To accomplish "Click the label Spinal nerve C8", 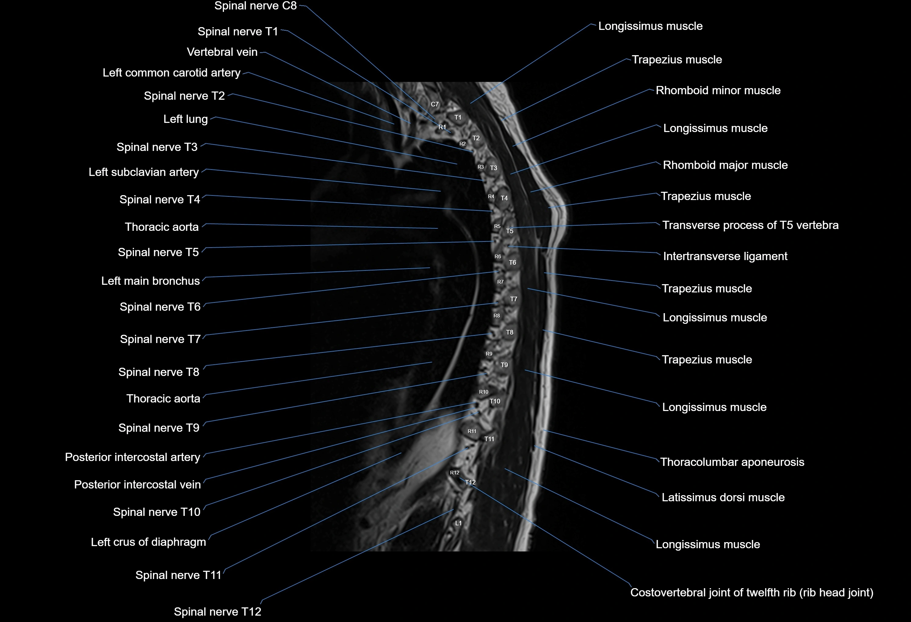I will pos(255,6).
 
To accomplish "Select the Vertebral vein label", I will pos(222,52).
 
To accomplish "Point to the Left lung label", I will pos(186,119).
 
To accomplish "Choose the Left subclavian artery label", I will pos(143,172).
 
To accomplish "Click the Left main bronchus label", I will pos(150,281).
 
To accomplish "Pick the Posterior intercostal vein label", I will pos(137,484).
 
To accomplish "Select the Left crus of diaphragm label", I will pos(148,542).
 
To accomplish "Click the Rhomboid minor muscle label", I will pos(718,91).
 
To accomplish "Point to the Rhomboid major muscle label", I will pos(725,165).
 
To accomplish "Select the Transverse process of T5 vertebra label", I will pos(750,225).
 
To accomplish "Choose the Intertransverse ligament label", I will pos(725,256).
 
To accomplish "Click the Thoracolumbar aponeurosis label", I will pos(732,462).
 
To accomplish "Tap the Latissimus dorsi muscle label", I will pos(723,497).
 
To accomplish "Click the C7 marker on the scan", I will pos(435,104).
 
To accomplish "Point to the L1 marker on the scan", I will pos(458,523).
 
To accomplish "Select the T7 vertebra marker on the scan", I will pos(514,299).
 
